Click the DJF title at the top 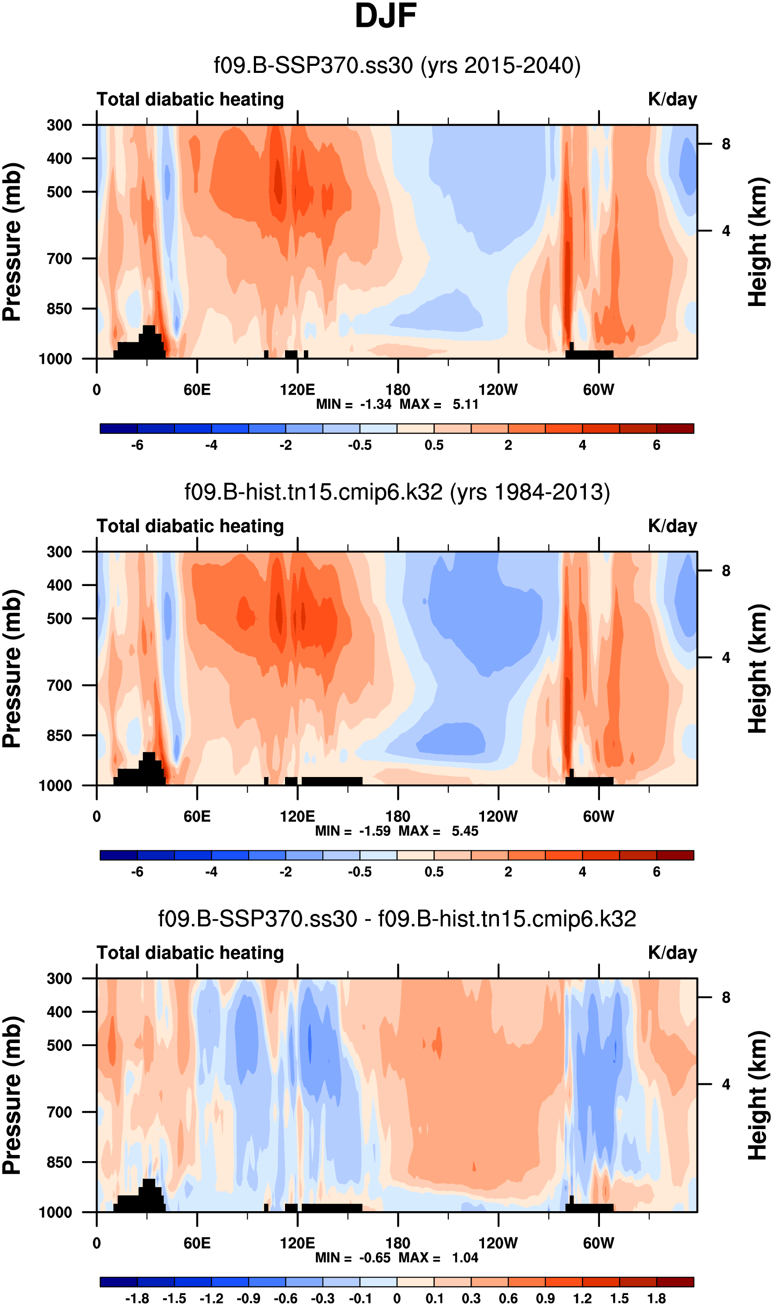(x=386, y=17)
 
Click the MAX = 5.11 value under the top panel (x=439, y=404)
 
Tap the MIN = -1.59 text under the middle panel (x=353, y=831)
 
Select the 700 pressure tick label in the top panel (x=59, y=259)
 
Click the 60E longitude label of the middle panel (x=197, y=816)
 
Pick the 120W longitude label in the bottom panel (x=498, y=1243)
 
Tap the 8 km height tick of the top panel (x=726, y=144)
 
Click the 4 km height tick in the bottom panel (x=726, y=1085)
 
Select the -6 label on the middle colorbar (x=137, y=872)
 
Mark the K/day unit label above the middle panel (x=672, y=526)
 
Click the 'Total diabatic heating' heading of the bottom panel (x=190, y=953)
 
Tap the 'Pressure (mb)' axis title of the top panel (x=12, y=241)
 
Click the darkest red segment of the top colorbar (x=675, y=429)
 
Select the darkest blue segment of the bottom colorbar (x=118, y=1282)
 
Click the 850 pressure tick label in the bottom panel (x=59, y=1162)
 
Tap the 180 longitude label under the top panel (x=398, y=390)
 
